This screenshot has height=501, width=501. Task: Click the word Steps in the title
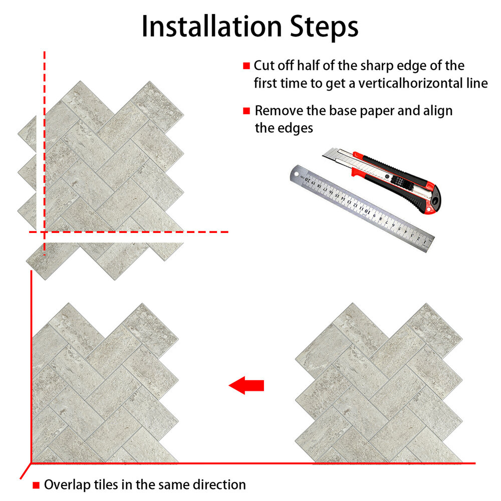point(324,27)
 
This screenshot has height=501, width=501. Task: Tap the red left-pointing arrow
point(246,385)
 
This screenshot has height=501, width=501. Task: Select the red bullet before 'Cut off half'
point(246,66)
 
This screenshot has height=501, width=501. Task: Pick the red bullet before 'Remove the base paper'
point(246,111)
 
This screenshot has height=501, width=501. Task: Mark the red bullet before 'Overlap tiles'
point(36,485)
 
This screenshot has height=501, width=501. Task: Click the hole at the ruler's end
point(296,174)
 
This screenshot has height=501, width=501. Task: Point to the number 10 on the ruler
point(367,211)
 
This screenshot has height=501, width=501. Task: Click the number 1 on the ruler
point(425,242)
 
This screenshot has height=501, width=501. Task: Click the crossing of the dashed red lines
point(45,232)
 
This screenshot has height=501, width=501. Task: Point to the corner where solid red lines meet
point(31,462)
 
